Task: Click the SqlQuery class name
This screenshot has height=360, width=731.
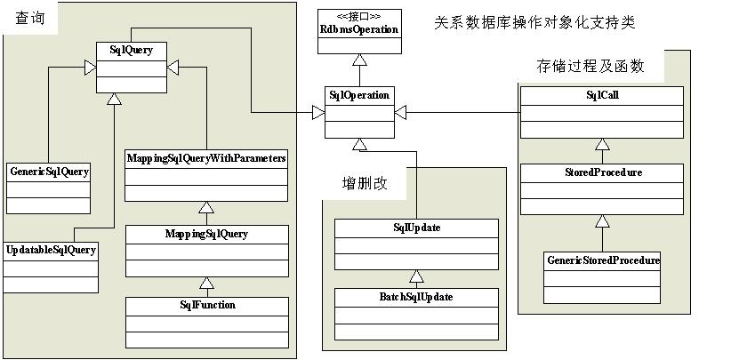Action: pos(130,51)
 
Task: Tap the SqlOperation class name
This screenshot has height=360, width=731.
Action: pos(359,95)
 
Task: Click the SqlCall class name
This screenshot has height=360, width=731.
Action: pos(602,94)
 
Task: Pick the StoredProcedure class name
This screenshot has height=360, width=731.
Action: pos(602,172)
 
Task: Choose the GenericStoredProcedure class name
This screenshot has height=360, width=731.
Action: pos(602,260)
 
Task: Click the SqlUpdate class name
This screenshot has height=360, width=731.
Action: pos(416,228)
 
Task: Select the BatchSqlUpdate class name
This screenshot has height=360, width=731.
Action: pos(416,297)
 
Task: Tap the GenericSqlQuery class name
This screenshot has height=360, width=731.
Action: pos(49,170)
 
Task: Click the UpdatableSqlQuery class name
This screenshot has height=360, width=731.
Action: pos(51,250)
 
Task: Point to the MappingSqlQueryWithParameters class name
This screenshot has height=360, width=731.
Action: pos(206,157)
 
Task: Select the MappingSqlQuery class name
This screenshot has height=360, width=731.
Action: pos(206,234)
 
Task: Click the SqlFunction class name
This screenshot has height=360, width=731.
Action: pos(206,305)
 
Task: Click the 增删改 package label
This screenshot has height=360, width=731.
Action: pos(365,184)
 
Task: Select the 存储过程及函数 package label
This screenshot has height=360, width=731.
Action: pos(590,66)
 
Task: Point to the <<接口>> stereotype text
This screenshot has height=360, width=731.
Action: pos(359,16)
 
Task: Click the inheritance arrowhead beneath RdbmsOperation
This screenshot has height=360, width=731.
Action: pos(359,60)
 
